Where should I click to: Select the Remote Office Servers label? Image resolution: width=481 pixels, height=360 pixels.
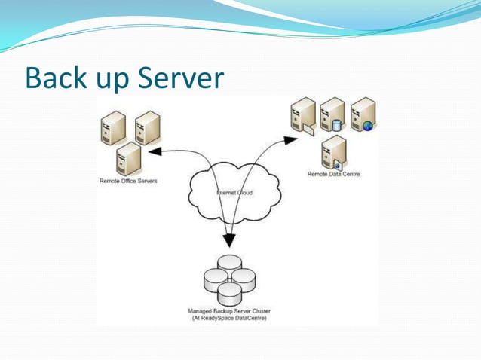point(128,182)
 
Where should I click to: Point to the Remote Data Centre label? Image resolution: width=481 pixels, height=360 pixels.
point(333,175)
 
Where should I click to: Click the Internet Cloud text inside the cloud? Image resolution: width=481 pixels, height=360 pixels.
point(235,193)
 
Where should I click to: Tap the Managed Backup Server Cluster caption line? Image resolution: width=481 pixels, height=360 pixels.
point(228,310)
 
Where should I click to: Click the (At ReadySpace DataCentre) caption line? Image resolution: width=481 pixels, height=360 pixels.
point(228,319)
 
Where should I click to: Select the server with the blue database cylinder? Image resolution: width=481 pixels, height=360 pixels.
point(332,115)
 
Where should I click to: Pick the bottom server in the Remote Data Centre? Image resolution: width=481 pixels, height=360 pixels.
point(333,152)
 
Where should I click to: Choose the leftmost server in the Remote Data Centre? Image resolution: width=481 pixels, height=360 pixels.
point(303,117)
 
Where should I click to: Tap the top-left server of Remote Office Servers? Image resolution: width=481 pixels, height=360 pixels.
point(114,128)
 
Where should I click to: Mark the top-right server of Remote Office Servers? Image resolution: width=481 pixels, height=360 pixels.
point(148,128)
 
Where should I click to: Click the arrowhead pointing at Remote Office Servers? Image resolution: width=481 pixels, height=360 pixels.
point(155,151)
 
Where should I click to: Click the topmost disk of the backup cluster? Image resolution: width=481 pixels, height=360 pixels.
point(230,264)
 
